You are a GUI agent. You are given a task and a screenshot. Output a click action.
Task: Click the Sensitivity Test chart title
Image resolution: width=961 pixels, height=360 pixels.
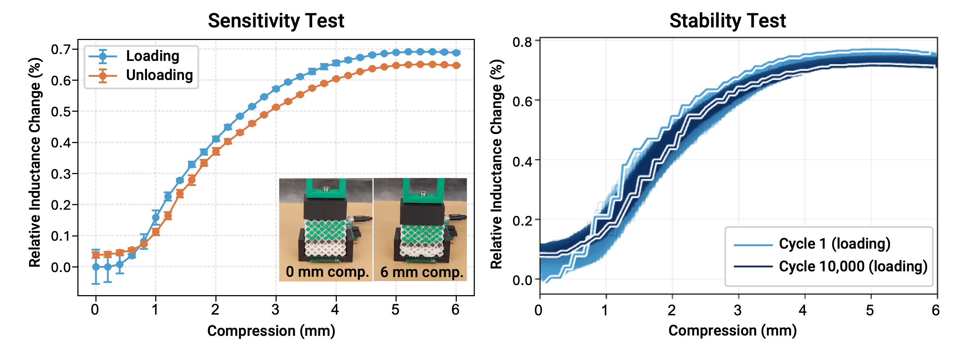[276, 21]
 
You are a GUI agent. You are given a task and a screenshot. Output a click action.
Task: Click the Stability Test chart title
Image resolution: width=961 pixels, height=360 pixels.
[728, 21]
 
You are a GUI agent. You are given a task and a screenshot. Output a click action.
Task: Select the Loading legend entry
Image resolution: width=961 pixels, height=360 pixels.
[152, 56]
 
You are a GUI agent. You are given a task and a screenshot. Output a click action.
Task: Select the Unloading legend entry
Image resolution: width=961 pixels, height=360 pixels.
[159, 75]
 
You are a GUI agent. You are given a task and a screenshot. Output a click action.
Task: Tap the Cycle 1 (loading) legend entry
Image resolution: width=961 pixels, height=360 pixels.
[834, 244]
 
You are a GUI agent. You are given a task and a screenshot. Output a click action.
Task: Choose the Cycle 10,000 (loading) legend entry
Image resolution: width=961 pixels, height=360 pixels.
[853, 266]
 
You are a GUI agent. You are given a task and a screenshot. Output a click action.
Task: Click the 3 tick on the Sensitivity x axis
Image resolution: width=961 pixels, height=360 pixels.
[275, 309]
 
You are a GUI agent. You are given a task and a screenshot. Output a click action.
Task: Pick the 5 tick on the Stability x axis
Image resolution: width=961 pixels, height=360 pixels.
[870, 310]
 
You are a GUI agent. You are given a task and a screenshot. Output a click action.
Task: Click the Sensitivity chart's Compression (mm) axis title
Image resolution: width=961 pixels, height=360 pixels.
[271, 330]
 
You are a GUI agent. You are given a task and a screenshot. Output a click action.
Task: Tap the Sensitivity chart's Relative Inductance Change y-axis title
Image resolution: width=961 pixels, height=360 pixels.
[35, 163]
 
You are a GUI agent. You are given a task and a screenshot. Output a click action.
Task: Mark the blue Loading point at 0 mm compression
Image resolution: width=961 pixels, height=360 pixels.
[96, 267]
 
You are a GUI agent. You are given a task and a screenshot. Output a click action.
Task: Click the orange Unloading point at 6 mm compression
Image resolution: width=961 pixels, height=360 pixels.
[456, 66]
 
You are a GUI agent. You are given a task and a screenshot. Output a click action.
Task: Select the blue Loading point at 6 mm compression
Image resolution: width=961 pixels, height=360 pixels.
[456, 53]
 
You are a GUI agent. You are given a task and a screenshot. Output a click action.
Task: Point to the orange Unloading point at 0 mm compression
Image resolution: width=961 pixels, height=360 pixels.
[96, 255]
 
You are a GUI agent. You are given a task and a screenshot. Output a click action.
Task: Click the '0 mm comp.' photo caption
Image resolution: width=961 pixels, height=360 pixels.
[327, 272]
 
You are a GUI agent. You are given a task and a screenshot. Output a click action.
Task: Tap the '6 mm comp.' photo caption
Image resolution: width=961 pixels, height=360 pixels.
[422, 272]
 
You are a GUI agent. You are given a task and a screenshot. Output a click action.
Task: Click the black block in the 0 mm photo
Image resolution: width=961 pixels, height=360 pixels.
[325, 209]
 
